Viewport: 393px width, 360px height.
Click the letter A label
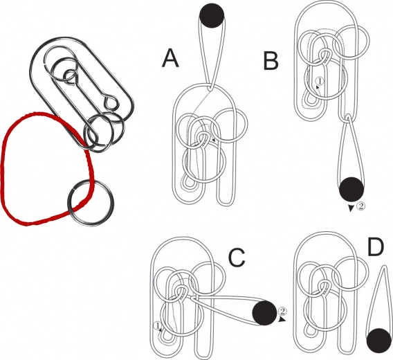coord(170,58)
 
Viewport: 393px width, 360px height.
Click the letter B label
coord(271,60)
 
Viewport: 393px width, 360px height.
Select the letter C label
coord(237,258)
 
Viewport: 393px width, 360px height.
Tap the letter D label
coord(376,247)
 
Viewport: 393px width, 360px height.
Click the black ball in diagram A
coord(212,15)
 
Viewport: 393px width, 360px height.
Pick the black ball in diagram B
coord(351,190)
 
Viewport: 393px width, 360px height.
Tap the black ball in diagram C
coord(265,313)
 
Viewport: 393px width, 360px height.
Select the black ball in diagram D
coord(379,341)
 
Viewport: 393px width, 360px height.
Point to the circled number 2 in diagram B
coord(360,206)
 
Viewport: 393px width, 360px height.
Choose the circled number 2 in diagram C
coord(282,311)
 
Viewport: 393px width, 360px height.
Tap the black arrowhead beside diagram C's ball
coord(283,320)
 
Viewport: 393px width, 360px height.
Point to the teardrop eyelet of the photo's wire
coord(111,102)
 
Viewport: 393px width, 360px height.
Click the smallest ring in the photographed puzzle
coord(70,75)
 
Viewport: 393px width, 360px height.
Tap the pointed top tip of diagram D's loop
coord(383,266)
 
